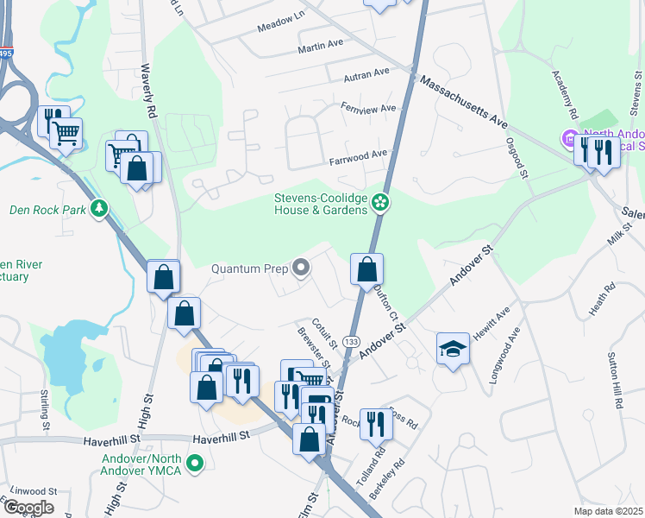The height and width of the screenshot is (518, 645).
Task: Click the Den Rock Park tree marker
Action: (x=101, y=209)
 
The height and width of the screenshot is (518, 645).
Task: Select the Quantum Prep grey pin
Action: (x=301, y=268)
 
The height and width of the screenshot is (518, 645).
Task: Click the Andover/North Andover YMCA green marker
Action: (x=196, y=464)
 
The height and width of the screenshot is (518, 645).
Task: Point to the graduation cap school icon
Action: (x=452, y=348)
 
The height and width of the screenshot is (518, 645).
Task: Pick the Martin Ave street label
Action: (x=321, y=44)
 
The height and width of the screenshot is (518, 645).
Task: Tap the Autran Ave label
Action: (x=366, y=75)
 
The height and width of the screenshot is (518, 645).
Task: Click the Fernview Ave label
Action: (x=368, y=109)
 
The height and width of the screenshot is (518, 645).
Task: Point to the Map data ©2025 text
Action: (x=608, y=511)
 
